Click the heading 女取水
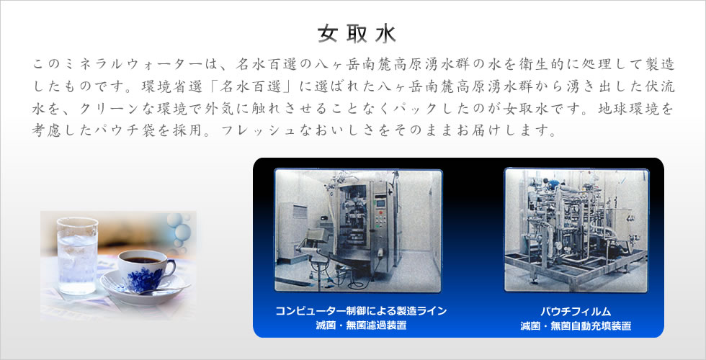[x=357, y=34]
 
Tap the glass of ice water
[x=78, y=256]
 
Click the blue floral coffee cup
[x=145, y=271]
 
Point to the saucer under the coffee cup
[x=144, y=288]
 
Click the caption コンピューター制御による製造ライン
[x=361, y=310]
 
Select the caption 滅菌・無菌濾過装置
[x=361, y=325]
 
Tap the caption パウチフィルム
[x=576, y=311]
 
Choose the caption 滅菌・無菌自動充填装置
[x=576, y=325]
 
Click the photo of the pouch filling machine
[x=359, y=230]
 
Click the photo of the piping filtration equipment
[x=576, y=230]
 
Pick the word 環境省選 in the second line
[x=171, y=86]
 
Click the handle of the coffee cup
[x=169, y=268]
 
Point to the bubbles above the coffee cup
[x=179, y=229]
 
